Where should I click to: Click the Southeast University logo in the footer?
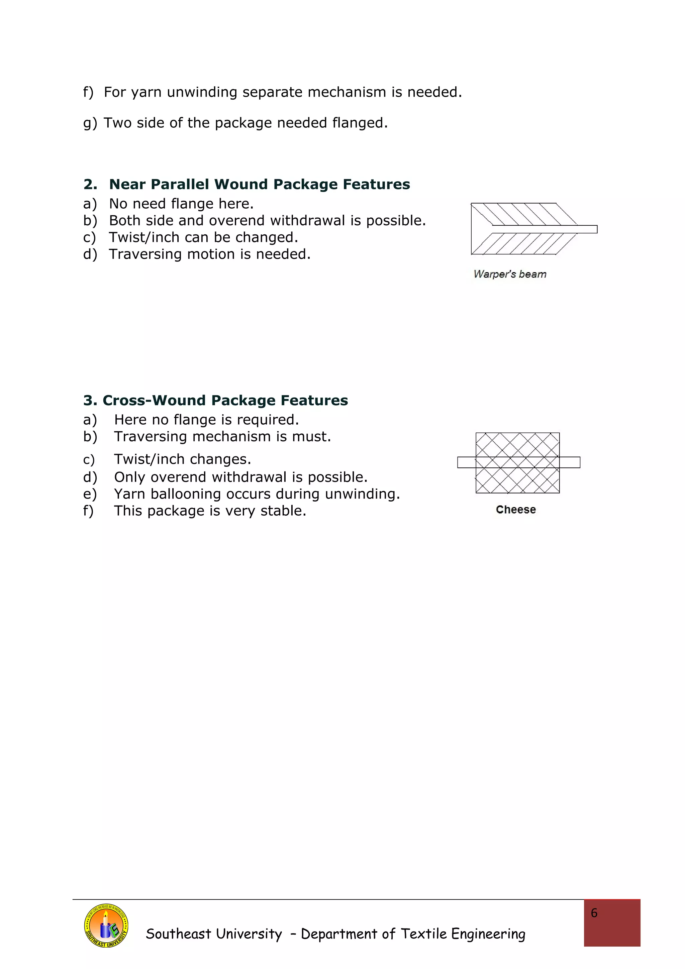(x=106, y=926)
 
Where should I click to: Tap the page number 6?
(x=594, y=913)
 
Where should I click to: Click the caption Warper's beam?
(x=510, y=274)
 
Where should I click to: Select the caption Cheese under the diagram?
(x=516, y=510)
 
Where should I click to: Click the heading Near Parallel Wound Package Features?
(x=259, y=185)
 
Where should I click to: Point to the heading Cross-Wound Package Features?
(x=225, y=401)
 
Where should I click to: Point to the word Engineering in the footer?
(x=488, y=934)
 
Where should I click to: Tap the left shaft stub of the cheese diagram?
(x=466, y=462)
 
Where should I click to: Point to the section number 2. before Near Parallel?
(x=90, y=185)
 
